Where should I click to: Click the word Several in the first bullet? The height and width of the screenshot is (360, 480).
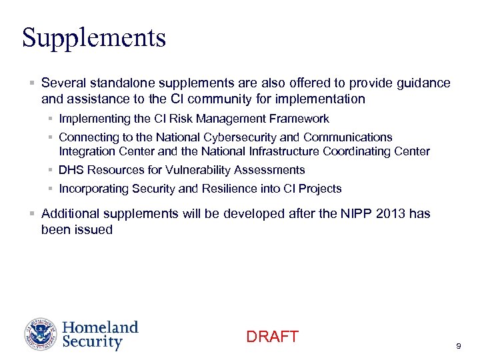pyautogui.click(x=62, y=83)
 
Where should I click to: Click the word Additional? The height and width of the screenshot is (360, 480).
pyautogui.click(x=70, y=214)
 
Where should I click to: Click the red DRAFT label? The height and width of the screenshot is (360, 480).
pyautogui.click(x=272, y=337)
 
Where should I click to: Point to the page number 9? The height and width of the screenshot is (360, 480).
pyautogui.click(x=458, y=346)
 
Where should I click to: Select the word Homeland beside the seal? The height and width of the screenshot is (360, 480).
pyautogui.click(x=100, y=328)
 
